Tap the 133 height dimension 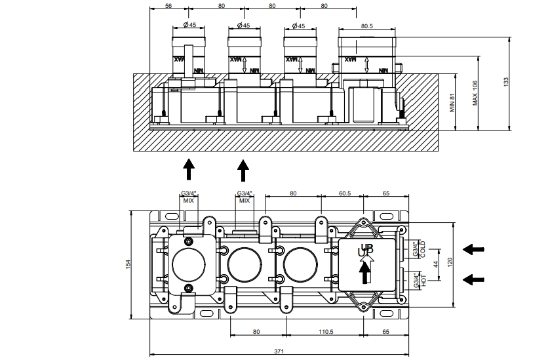[x=505, y=81]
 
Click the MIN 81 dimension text [x=452, y=103]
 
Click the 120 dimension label [x=449, y=263]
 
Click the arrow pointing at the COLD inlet [x=474, y=249]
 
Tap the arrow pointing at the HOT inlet [x=474, y=279]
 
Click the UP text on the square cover [x=365, y=250]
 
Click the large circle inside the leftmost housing [x=188, y=264]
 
